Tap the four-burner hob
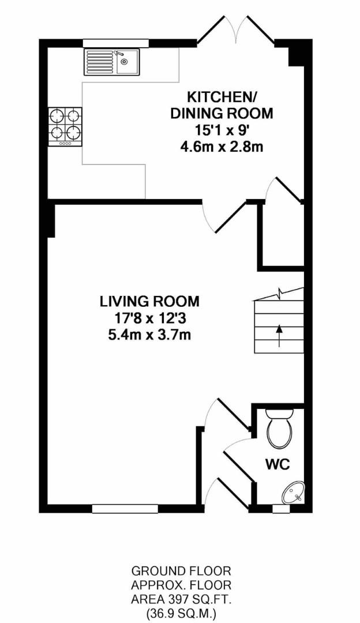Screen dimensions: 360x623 (x=65, y=126)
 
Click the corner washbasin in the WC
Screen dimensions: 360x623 (x=294, y=493)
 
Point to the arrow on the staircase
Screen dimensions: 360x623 (x=279, y=336)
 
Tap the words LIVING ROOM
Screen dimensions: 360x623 (x=149, y=302)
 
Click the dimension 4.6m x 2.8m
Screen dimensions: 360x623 (x=222, y=147)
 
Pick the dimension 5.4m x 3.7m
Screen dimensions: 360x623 (x=149, y=335)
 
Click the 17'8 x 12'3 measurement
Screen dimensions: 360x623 (x=149, y=318)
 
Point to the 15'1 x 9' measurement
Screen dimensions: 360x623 (x=222, y=130)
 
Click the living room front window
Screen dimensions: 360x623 (x=125, y=509)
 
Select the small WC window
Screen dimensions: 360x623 (x=282, y=509)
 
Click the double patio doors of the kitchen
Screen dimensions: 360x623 (x=236, y=29)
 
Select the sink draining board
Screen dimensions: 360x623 (x=100, y=62)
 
